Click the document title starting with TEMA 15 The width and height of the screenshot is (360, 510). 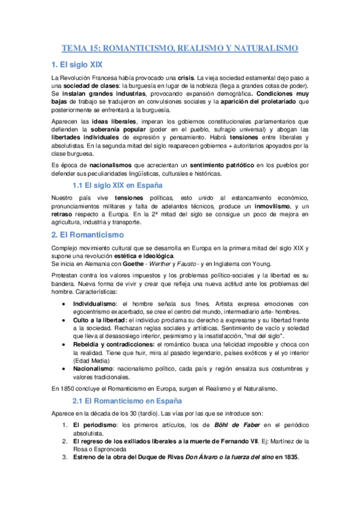180,48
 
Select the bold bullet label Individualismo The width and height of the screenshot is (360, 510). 96,304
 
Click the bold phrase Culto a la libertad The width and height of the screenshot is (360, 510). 105,321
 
